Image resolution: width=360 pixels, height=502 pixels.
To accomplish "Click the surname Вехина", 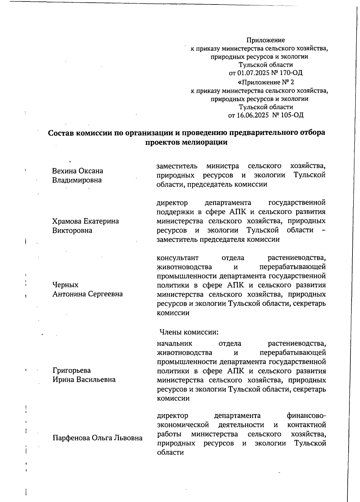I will coord(64,171).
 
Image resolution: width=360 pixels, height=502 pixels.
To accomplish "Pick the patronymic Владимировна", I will coord(77,180).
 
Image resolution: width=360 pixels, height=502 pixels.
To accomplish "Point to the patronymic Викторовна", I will coord(72,231).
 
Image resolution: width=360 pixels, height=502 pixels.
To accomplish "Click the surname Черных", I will coord(65,285).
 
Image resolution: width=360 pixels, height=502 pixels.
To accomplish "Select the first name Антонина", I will coord(69,294).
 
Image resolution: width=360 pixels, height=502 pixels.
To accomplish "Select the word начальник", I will coord(175,343).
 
